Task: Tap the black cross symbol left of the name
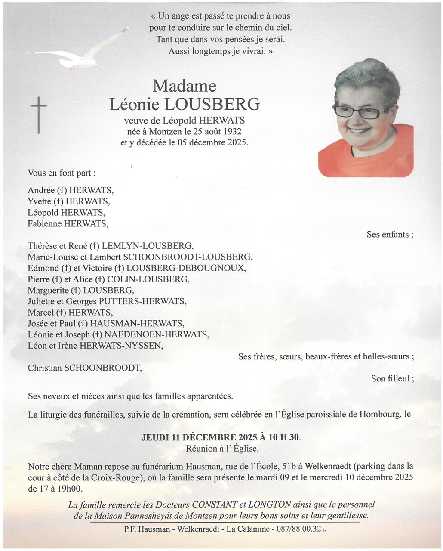39,115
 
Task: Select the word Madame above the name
185,86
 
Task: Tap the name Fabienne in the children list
44,223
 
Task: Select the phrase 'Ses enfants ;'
390,235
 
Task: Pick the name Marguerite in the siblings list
47,290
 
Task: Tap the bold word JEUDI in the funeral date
154,437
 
